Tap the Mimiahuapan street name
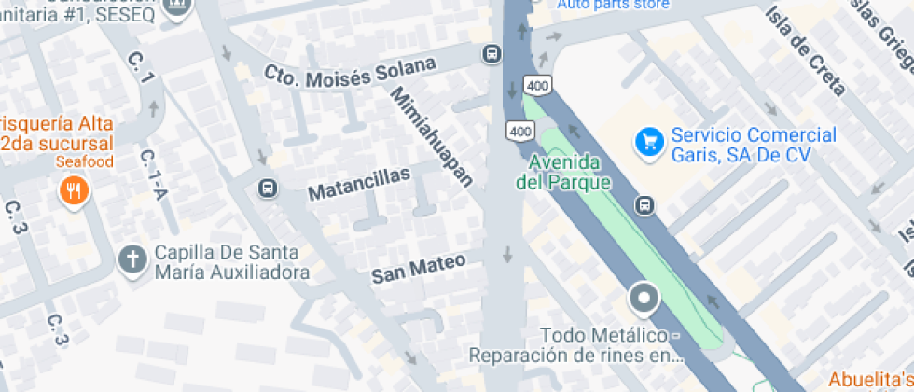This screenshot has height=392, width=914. [432, 135]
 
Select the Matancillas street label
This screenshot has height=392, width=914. [359, 184]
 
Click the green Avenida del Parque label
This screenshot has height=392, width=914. [562, 172]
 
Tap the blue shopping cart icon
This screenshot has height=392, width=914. [648, 143]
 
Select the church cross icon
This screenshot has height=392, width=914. [132, 260]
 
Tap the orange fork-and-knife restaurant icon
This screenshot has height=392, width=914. [73, 192]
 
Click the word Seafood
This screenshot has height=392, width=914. [84, 162]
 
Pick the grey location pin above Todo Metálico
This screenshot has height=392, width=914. [643, 300]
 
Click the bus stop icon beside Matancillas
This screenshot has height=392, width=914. [268, 189]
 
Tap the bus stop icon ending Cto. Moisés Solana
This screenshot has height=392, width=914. [492, 55]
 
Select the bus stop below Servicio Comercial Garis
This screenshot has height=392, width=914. [644, 205]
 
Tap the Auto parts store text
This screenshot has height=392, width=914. [613, 5]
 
